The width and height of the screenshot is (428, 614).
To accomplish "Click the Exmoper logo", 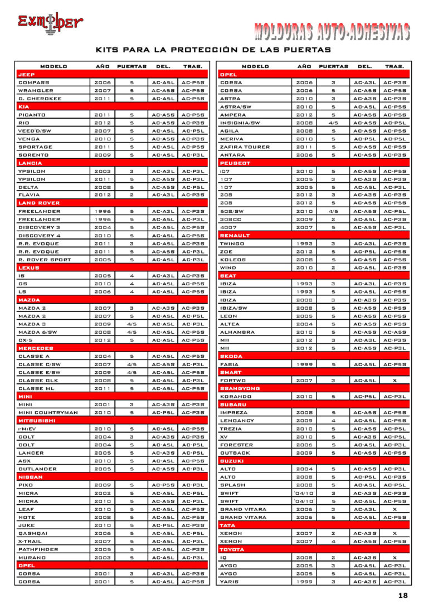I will coord(50,23).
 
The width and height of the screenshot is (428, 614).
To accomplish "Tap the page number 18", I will coord(403,595).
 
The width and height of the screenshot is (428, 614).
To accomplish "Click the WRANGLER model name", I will coord(36,90).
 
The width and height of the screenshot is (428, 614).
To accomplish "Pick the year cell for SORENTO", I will coord(103,155).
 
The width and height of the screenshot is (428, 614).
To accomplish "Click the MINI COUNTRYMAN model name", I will coord(48,413).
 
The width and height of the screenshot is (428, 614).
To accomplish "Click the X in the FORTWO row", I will coord(395,381).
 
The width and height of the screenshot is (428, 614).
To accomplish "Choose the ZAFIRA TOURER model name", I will coord(246,147).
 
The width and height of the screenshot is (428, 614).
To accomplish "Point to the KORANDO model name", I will coord(236,397).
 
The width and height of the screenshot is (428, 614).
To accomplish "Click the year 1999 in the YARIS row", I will coord(304,582).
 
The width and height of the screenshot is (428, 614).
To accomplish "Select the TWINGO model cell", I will coord(232,243).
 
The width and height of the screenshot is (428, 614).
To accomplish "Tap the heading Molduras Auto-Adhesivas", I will coord(333,32).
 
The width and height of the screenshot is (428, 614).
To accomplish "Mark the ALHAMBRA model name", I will coord(237,332).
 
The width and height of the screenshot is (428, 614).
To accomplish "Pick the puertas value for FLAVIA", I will coord(132,195).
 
